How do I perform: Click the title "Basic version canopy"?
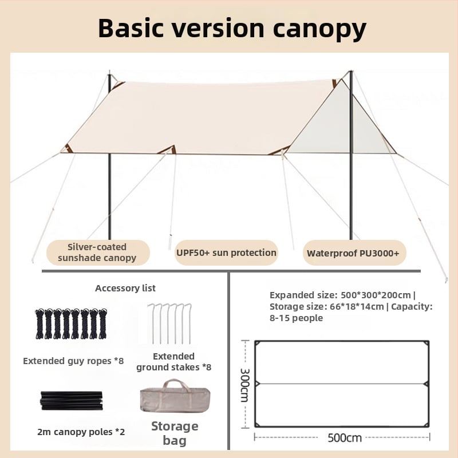(x=232, y=27)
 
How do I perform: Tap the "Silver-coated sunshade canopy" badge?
(x=97, y=252)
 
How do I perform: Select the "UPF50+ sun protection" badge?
(x=226, y=252)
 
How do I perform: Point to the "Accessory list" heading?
(x=125, y=288)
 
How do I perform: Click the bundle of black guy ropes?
(x=71, y=323)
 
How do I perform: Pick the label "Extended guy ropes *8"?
(x=73, y=361)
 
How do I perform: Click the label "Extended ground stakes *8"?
(x=173, y=361)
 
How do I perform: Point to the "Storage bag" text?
(x=175, y=433)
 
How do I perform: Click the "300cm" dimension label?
(x=244, y=384)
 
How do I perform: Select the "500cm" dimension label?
(x=345, y=438)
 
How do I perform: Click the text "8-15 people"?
(x=297, y=318)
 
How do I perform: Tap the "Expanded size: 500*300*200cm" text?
(x=341, y=295)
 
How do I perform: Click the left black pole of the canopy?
(x=109, y=195)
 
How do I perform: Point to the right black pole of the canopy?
(x=351, y=195)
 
